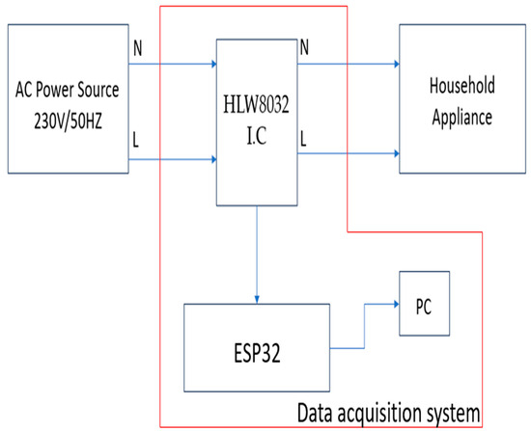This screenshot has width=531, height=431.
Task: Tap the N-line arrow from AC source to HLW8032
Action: [174, 66]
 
